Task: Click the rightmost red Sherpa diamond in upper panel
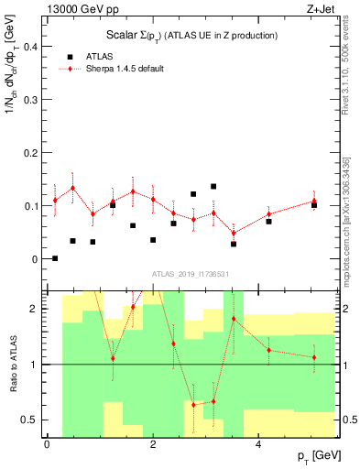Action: point(314,201)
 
